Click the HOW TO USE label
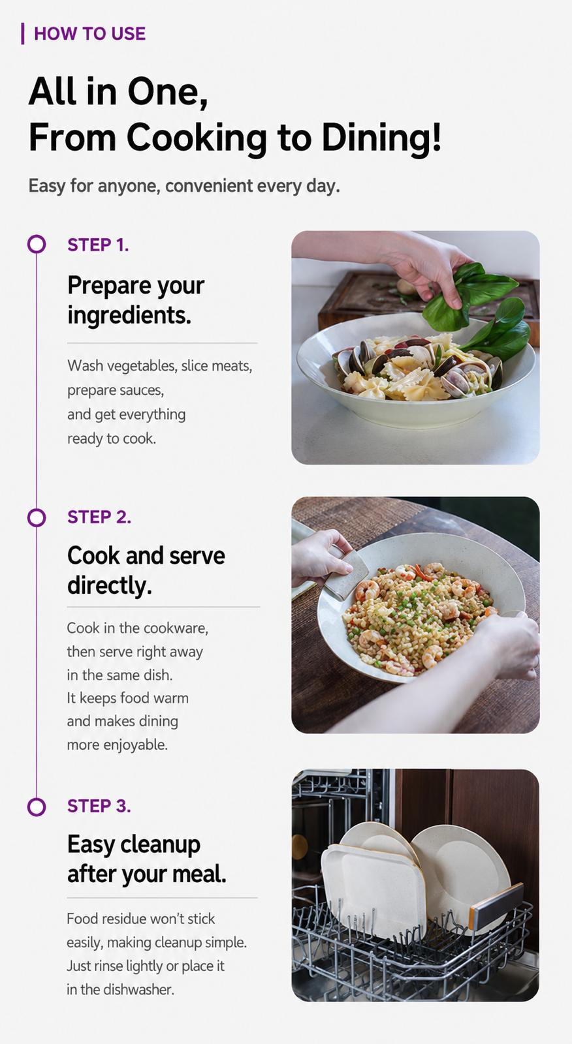click(x=89, y=33)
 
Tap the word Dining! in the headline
click(x=381, y=138)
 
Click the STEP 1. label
click(x=98, y=245)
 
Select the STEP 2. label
click(x=99, y=517)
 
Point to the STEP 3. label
click(x=99, y=806)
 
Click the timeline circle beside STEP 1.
click(x=37, y=244)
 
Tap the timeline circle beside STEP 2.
click(x=37, y=517)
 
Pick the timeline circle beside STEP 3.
click(x=37, y=806)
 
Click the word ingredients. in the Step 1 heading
click(x=129, y=316)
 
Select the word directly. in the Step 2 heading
click(x=110, y=585)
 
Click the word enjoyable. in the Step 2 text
click(x=135, y=745)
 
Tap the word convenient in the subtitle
click(x=209, y=185)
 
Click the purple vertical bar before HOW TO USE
click(x=22, y=33)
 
